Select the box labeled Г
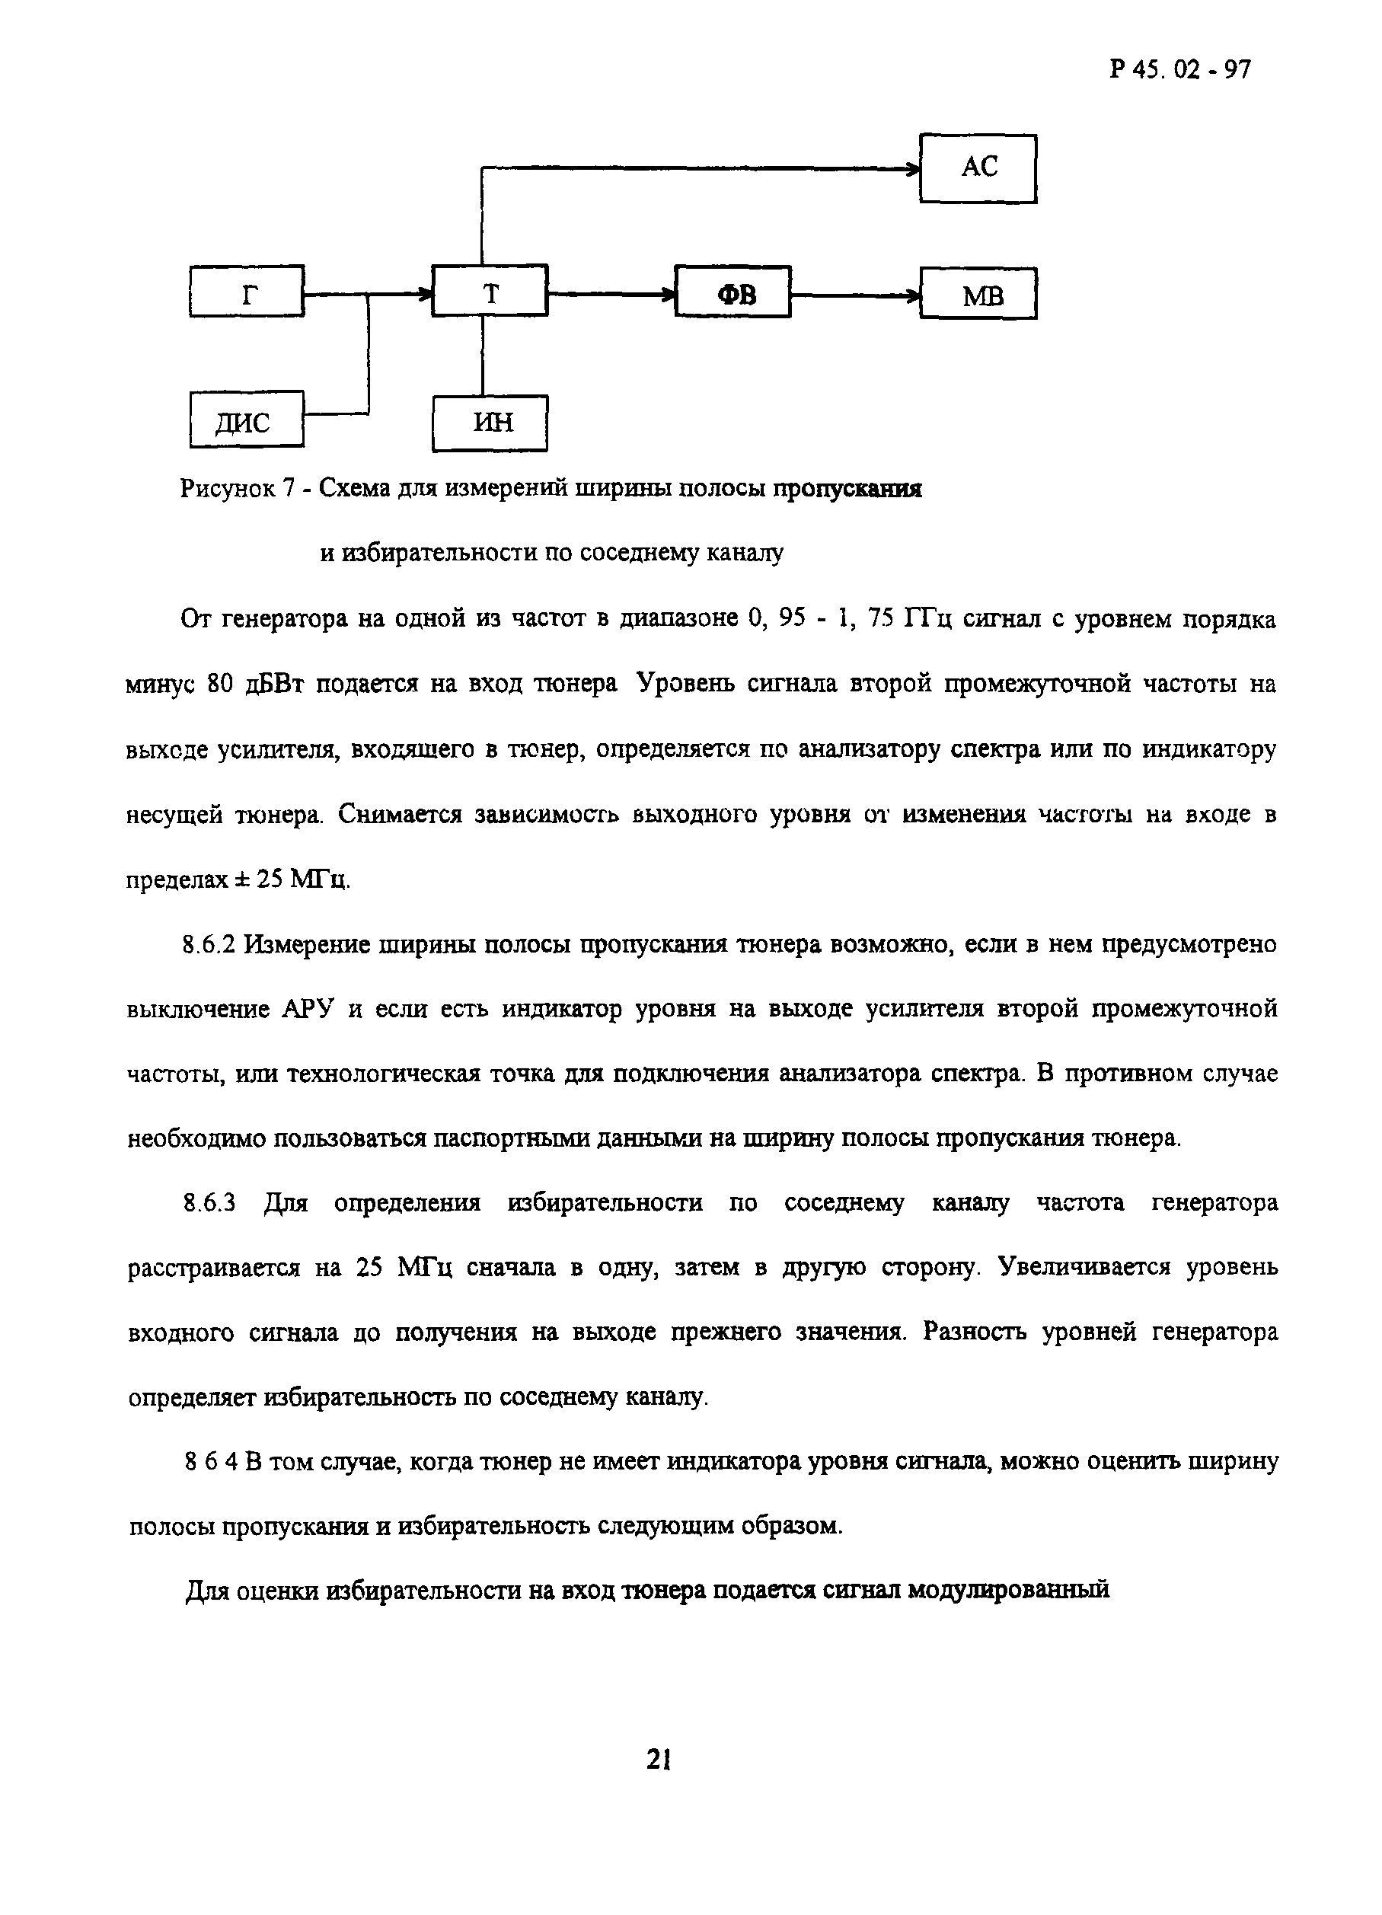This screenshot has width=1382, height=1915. (x=247, y=292)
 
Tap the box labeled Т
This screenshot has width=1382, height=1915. (x=490, y=292)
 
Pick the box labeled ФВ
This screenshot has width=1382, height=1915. (x=732, y=292)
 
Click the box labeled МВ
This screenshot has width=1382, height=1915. (x=978, y=294)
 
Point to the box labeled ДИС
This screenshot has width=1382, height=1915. (x=247, y=419)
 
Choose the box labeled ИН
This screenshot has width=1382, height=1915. (x=490, y=422)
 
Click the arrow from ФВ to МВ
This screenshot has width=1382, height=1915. (x=854, y=295)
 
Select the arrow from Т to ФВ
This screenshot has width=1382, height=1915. (x=611, y=295)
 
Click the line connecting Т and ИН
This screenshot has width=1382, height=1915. (x=483, y=356)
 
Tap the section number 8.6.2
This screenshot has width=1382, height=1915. (x=209, y=945)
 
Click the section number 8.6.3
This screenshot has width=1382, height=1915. (x=209, y=1203)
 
